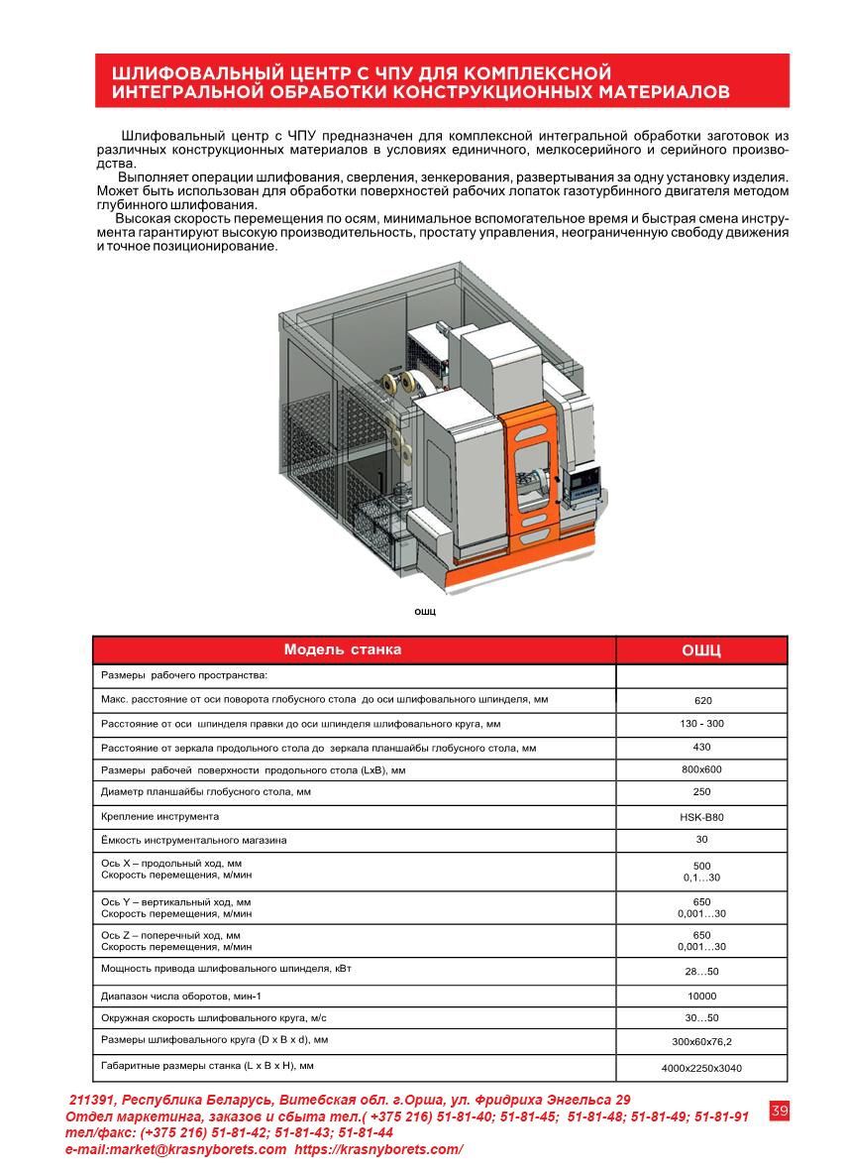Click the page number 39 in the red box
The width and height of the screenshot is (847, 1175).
coord(779,1111)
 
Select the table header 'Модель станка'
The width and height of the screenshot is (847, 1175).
coord(343,650)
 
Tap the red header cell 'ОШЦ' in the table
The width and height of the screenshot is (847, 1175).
coord(701,651)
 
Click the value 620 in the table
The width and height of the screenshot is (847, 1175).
coord(702,700)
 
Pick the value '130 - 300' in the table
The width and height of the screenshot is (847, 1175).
coord(702,724)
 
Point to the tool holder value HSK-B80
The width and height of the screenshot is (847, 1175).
coord(702,818)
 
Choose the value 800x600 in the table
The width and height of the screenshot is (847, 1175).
coord(702,769)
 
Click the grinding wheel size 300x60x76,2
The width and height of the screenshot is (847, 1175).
coord(702,1042)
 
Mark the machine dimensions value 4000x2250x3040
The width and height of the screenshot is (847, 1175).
coord(702,1068)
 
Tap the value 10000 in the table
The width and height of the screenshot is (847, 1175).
coord(702,996)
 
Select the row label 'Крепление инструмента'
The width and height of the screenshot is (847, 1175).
coord(159,816)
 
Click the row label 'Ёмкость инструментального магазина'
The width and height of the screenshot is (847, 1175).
coord(194,840)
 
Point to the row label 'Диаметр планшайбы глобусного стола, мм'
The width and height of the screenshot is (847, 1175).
coord(206,792)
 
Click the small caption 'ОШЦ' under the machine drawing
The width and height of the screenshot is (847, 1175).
coord(425,612)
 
